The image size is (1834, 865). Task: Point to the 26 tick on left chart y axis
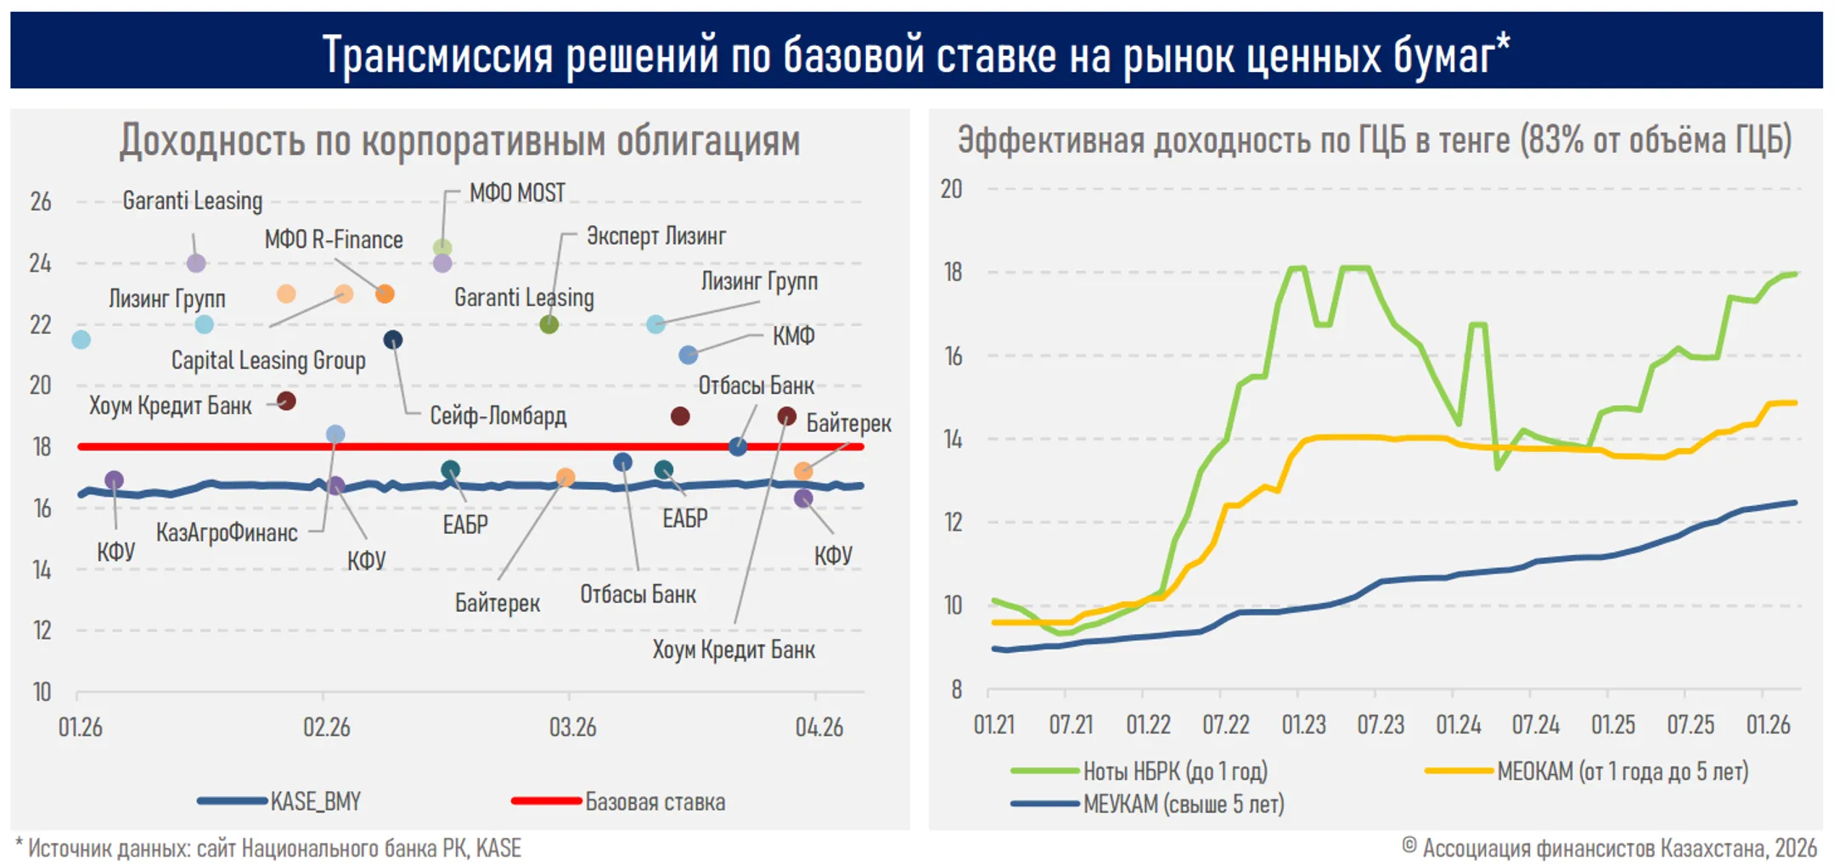click(41, 202)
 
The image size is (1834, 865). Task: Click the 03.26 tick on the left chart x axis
click(572, 727)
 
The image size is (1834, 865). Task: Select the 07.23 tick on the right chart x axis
click(1381, 725)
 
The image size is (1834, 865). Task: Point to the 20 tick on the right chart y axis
click(951, 188)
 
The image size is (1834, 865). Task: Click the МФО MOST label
click(517, 193)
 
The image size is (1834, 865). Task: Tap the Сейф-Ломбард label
click(498, 415)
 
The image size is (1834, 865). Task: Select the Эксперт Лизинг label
click(655, 236)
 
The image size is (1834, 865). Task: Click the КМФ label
click(793, 335)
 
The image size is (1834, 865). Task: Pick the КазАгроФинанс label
click(227, 532)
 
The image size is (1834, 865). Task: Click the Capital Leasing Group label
click(268, 360)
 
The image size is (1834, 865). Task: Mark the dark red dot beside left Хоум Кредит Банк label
click(286, 401)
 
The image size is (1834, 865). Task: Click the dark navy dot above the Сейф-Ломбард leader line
click(392, 340)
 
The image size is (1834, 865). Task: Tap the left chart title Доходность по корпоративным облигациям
click(459, 141)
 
